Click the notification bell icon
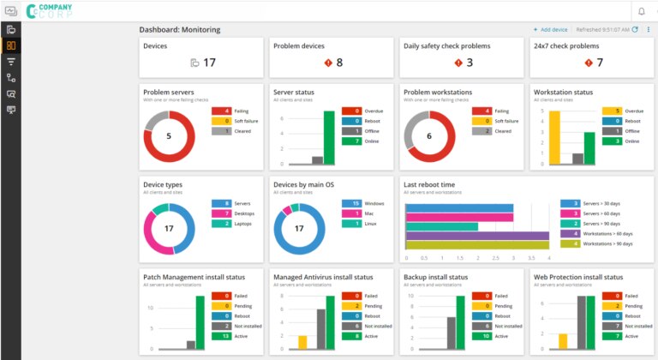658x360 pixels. (640, 11)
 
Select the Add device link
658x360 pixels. (551, 29)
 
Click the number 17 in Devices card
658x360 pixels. (209, 62)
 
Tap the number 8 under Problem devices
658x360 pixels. (339, 62)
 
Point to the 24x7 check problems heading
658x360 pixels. (566, 45)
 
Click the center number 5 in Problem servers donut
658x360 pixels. (169, 135)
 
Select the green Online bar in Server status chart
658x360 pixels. (329, 138)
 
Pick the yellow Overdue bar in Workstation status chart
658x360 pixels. (553, 138)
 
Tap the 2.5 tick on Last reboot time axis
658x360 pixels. (494, 257)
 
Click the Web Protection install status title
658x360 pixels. (578, 277)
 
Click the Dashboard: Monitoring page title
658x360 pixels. (180, 29)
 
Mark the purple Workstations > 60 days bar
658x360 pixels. (476, 235)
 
